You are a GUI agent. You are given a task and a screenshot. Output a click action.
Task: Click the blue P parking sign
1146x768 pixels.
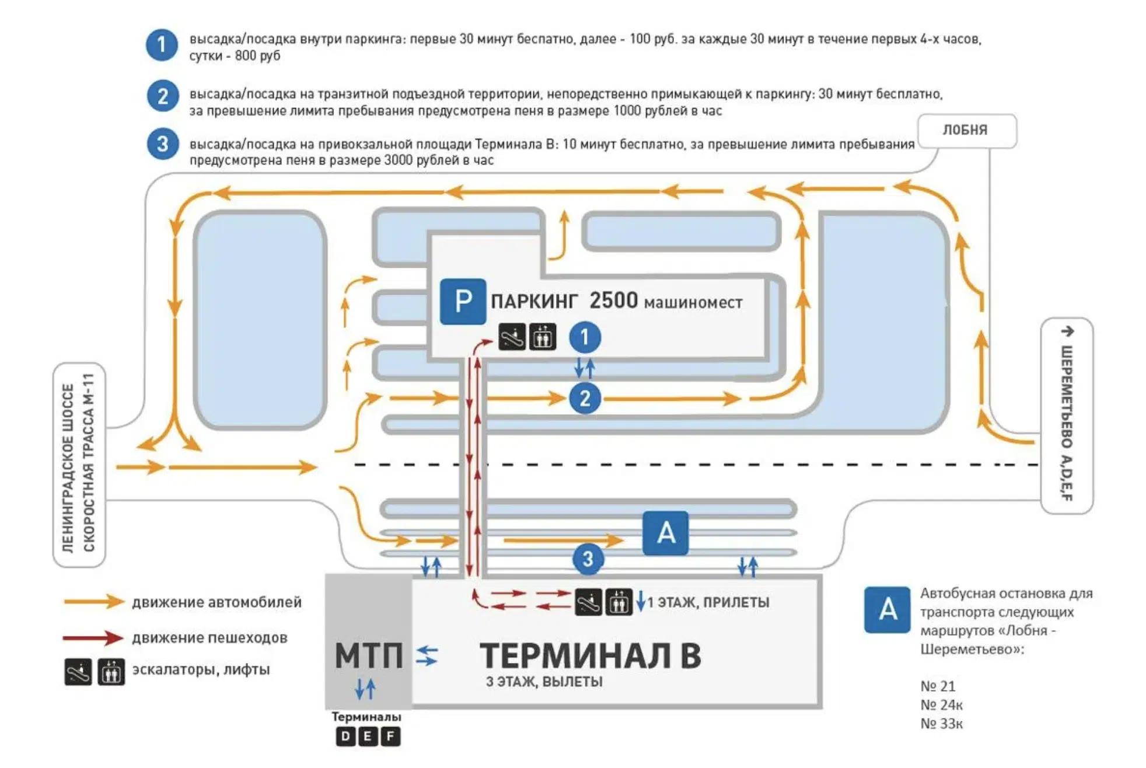tap(462, 301)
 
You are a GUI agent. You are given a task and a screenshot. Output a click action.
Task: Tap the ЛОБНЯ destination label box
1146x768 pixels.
tap(966, 130)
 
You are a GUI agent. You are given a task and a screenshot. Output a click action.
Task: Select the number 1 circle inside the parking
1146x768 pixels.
tap(585, 337)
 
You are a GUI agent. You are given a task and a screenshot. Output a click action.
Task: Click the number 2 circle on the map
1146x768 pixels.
tap(585, 399)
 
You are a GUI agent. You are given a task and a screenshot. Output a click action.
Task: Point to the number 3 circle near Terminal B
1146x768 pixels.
tap(588, 558)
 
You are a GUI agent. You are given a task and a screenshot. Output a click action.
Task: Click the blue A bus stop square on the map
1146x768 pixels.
tap(665, 533)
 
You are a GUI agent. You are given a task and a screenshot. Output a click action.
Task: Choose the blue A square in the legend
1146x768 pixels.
tap(887, 609)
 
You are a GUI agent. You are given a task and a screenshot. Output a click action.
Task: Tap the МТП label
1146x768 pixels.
tap(369, 655)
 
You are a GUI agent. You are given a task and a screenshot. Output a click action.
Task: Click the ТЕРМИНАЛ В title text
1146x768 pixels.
tap(590, 656)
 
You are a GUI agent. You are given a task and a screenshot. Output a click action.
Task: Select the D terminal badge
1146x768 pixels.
tap(345, 736)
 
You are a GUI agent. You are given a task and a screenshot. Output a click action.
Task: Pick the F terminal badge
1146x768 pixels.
tap(390, 736)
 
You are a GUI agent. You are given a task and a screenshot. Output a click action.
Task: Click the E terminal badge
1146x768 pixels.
tap(368, 736)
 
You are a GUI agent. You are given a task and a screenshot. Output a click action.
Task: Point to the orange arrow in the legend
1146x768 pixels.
tap(93, 602)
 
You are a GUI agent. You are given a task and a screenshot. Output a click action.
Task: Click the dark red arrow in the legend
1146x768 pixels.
tap(93, 637)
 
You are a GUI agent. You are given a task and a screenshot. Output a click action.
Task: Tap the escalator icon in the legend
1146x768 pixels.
tap(78, 671)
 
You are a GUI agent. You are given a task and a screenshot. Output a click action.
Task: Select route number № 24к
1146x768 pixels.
tap(941, 705)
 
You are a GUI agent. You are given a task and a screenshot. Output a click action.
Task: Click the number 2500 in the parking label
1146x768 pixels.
tap(613, 301)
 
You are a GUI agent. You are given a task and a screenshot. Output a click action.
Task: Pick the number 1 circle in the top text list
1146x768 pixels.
tap(162, 45)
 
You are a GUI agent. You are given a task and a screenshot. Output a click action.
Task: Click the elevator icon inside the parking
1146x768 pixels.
tap(542, 337)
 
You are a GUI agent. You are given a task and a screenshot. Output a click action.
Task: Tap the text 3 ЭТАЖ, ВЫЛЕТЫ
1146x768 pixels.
tap(544, 682)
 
